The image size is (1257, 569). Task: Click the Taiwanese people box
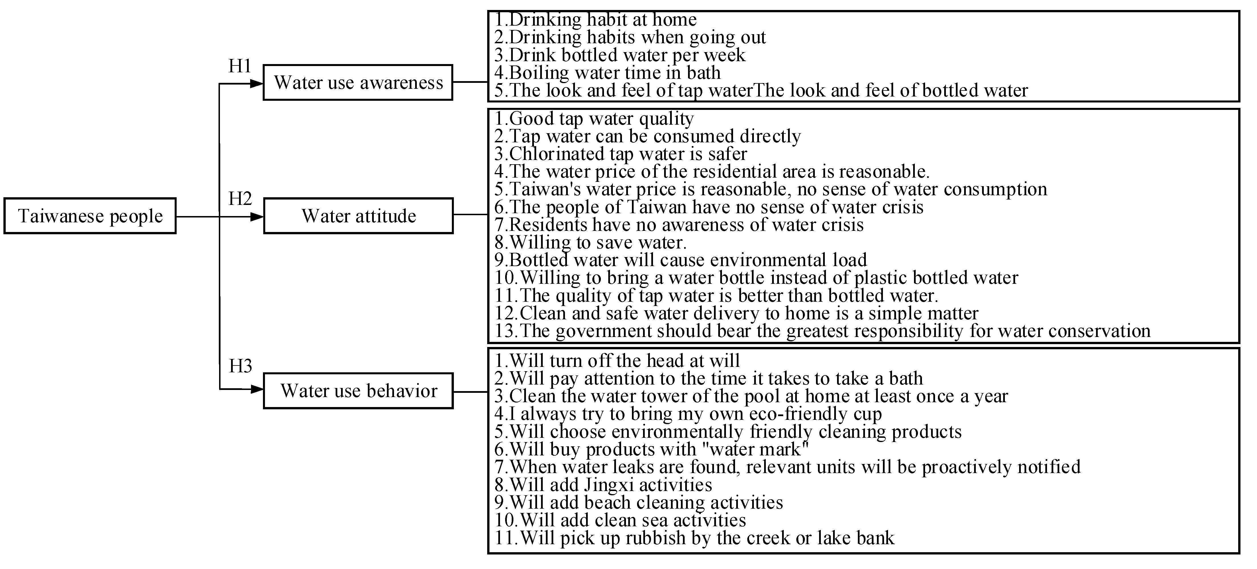[x=90, y=215]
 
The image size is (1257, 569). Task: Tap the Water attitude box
[x=358, y=215]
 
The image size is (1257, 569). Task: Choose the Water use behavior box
[x=358, y=391]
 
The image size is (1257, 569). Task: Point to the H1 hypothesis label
[x=240, y=66]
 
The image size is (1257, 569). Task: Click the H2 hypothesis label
[x=240, y=199]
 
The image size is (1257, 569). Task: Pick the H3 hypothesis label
[x=240, y=366]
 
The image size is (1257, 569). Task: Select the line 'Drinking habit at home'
[x=596, y=20]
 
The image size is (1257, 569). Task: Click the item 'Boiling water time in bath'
[x=607, y=73]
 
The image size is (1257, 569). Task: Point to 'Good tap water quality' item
[x=594, y=118]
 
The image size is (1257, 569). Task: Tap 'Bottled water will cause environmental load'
[x=681, y=260]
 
